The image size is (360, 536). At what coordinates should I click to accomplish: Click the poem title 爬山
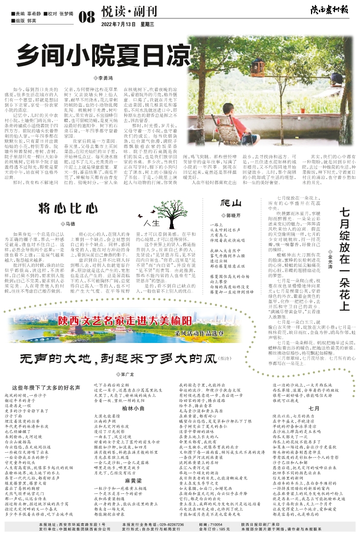point(231,202)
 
